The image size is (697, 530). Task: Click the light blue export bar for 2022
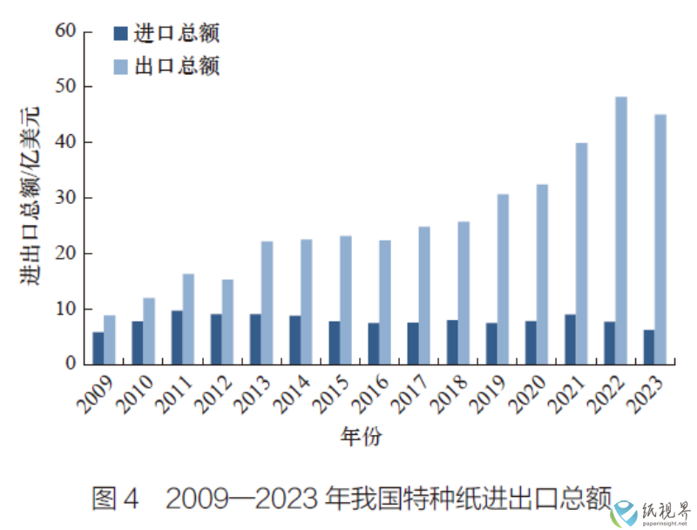point(621,230)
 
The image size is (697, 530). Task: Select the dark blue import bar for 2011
point(177,337)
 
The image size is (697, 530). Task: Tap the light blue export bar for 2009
point(110,340)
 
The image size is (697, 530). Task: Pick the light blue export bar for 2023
point(660,239)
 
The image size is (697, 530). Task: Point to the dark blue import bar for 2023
point(648,347)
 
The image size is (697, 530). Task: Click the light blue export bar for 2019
point(504,279)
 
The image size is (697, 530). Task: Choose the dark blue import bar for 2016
point(373,343)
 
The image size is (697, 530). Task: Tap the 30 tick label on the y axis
point(66,198)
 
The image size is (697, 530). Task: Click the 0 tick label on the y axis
point(72,364)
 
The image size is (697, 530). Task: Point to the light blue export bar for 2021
point(582,254)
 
